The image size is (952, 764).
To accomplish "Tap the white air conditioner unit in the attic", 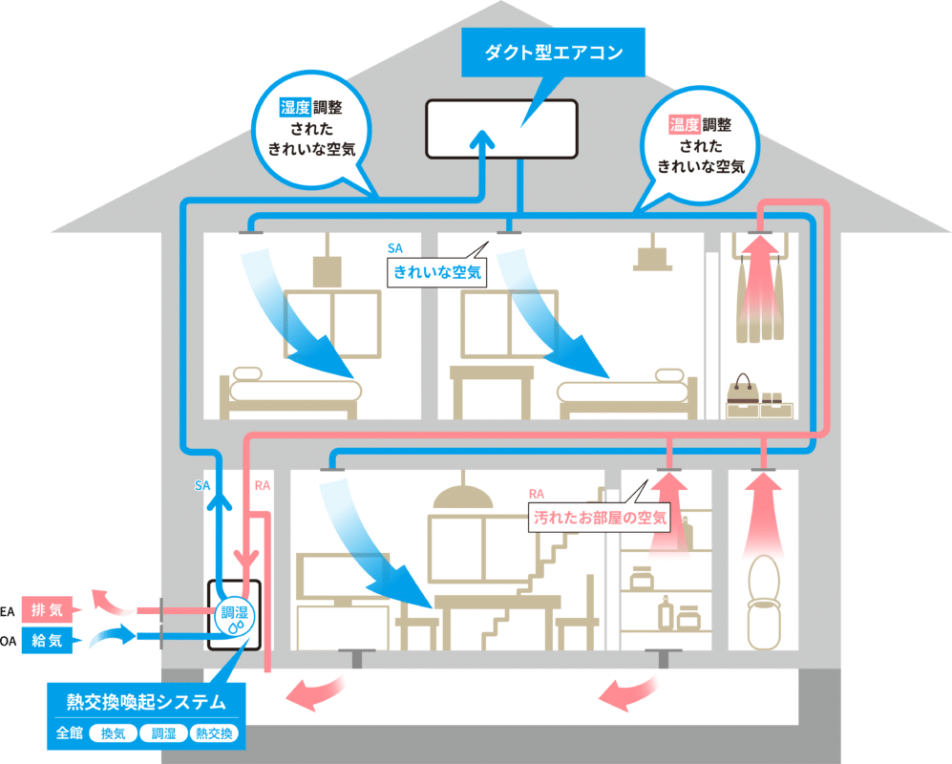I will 501,129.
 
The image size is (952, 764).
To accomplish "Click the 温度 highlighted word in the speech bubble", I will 686,124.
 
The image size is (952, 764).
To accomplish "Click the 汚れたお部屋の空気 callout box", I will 601,520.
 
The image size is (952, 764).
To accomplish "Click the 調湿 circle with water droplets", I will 234,619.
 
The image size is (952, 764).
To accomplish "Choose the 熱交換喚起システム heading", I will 146,703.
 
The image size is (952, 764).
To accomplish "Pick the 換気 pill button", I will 113,733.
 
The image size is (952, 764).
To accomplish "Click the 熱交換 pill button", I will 215,733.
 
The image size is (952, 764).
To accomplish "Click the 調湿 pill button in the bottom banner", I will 162,733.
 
